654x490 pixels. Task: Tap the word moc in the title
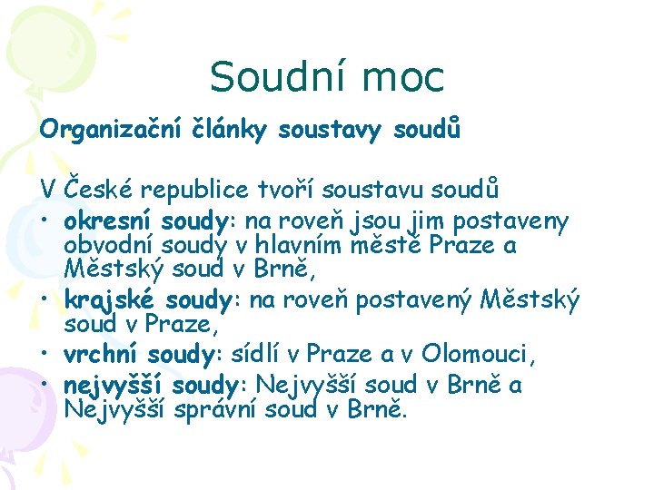coord(403,77)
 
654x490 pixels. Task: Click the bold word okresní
coord(109,220)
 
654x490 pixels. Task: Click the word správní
coord(218,411)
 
